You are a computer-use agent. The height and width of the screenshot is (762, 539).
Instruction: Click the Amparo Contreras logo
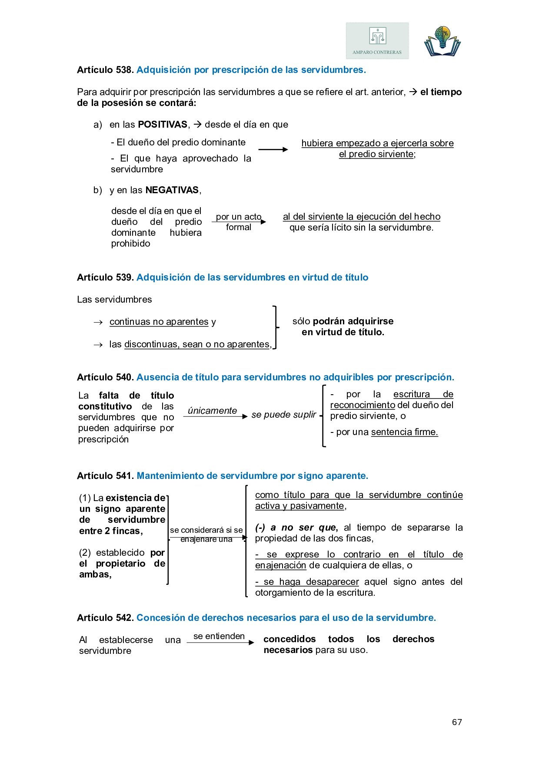[x=377, y=41]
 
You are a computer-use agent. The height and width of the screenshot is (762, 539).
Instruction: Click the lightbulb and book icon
[x=442, y=41]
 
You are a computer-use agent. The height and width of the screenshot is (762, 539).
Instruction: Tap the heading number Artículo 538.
[x=105, y=70]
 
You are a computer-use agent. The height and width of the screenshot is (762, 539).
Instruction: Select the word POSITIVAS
[x=163, y=125]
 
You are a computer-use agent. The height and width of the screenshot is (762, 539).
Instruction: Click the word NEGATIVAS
[x=172, y=190]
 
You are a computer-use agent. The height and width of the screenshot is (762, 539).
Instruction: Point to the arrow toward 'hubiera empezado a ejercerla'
[x=273, y=150]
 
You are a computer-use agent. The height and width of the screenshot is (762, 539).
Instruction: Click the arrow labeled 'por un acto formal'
[x=239, y=222]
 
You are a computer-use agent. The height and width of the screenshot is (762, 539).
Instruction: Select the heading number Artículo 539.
[x=105, y=277]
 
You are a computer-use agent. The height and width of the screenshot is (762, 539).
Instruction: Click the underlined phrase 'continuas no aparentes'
[x=159, y=322]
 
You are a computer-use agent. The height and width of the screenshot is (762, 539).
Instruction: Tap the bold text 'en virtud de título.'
[x=343, y=332]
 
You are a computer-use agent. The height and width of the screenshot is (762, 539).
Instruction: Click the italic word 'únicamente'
[x=212, y=411]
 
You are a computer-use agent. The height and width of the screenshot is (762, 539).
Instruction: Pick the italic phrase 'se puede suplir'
[x=283, y=415]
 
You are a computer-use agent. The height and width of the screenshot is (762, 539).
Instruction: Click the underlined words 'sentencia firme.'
[x=404, y=432]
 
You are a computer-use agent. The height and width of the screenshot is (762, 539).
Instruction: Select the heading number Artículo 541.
[x=105, y=476]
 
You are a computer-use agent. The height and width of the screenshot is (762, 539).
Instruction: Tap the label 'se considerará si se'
[x=206, y=530]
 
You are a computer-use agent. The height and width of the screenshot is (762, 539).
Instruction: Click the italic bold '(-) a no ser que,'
[x=296, y=528]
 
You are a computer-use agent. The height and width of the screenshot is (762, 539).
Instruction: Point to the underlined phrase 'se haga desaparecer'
[x=307, y=582]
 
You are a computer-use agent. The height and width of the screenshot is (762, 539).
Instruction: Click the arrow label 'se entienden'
[x=219, y=636]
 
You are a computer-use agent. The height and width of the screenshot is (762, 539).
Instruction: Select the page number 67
[x=457, y=722]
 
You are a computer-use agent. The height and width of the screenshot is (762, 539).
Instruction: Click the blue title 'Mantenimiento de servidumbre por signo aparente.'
[x=252, y=476]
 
